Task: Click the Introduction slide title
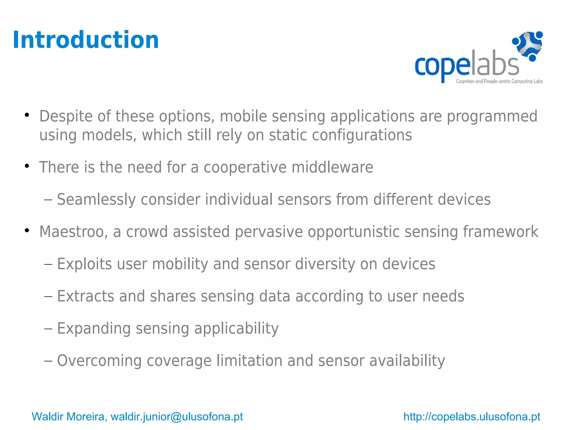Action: point(86,40)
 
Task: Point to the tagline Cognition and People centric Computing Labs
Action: point(499,81)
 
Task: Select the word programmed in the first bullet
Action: point(492,116)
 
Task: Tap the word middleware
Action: point(332,167)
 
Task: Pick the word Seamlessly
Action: point(96,200)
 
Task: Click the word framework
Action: point(500,232)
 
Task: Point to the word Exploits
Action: point(84,264)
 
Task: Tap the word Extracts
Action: point(86,296)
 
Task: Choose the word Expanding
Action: point(94,328)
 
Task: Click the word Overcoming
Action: point(99,361)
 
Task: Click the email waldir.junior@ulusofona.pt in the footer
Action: point(177,417)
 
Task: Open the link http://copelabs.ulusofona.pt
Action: point(471,417)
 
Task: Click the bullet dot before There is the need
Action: point(27,166)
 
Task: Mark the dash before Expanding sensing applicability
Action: point(48,329)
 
